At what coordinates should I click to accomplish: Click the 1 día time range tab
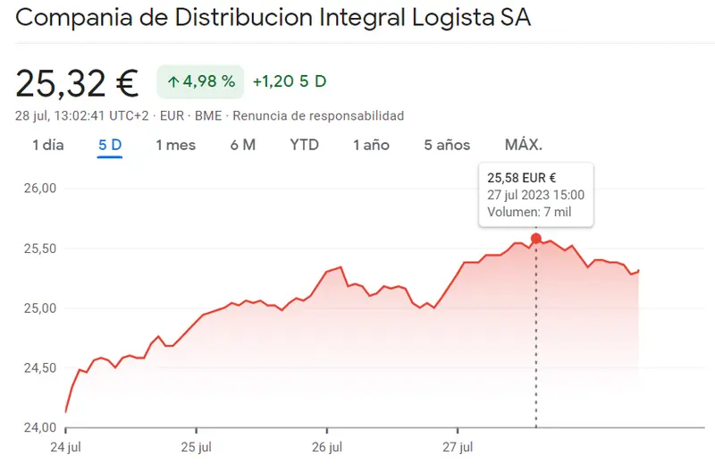[x=48, y=145]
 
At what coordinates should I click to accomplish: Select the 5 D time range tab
[x=110, y=145]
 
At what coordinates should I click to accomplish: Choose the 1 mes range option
[x=175, y=145]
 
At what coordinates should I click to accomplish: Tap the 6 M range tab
[x=242, y=145]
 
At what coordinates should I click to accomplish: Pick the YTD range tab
[x=304, y=145]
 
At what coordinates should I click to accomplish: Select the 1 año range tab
[x=371, y=145]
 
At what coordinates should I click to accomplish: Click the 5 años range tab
[x=447, y=145]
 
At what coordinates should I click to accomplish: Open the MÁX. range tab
[x=524, y=145]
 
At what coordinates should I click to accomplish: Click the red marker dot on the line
[x=536, y=238]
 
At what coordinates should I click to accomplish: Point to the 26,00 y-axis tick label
[x=38, y=189]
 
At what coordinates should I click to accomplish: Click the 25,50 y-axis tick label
[x=38, y=249]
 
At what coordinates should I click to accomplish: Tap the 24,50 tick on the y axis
[x=38, y=368]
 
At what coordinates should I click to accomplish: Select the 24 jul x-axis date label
[x=66, y=446]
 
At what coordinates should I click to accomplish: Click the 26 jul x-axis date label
[x=328, y=446]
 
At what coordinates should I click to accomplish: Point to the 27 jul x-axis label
[x=458, y=446]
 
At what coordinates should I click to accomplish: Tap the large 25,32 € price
[x=77, y=83]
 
